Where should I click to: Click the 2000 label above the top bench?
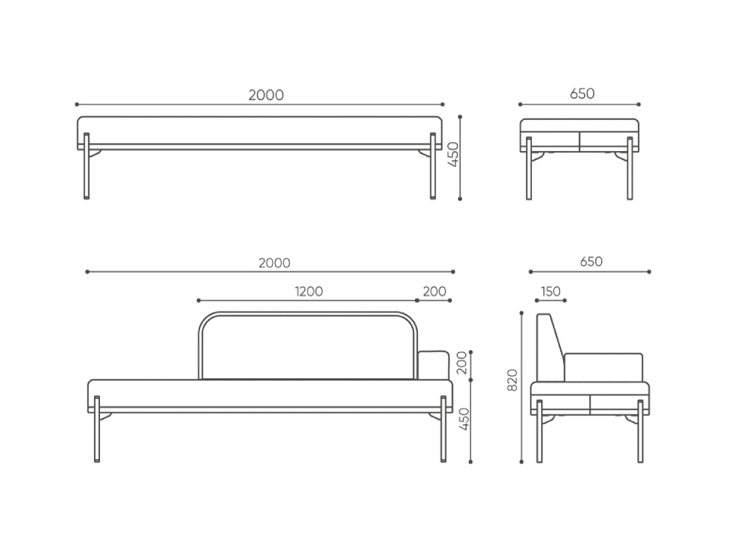(x=266, y=95)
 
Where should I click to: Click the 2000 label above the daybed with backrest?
(x=274, y=263)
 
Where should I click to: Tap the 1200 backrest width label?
(x=308, y=291)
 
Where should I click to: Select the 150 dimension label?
(x=551, y=291)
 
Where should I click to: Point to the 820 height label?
(x=512, y=380)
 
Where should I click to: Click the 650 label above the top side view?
(x=582, y=93)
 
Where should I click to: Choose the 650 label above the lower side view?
(x=591, y=261)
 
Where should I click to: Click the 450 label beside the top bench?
(x=453, y=155)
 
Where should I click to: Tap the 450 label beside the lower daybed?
(x=465, y=419)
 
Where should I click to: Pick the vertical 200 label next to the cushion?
(x=462, y=362)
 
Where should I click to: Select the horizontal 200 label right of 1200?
(x=434, y=291)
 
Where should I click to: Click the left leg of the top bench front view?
(x=87, y=166)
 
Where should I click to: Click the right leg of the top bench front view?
(x=433, y=166)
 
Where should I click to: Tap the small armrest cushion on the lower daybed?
(x=433, y=364)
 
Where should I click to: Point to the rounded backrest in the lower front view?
(x=308, y=345)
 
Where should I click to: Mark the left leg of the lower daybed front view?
(x=97, y=429)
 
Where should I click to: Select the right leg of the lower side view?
(x=641, y=431)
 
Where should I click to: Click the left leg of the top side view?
(x=529, y=168)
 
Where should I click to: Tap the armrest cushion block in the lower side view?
(x=603, y=367)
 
